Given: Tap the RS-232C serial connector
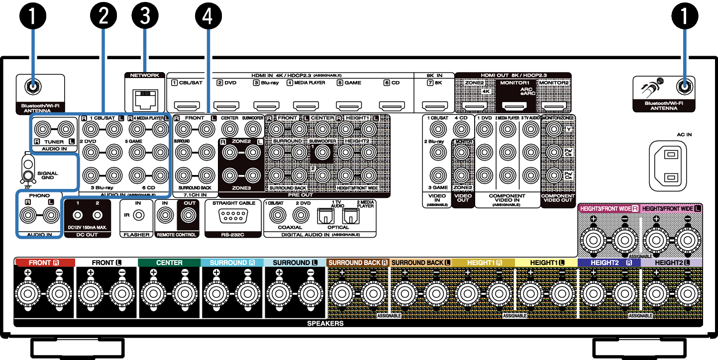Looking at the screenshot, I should [233, 215].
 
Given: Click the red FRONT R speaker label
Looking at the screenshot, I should [44, 262].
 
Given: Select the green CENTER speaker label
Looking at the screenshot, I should [169, 263].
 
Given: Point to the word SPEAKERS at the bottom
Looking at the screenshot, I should [325, 324].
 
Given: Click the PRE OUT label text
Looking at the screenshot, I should [301, 195].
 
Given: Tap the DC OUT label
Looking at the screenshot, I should [87, 235].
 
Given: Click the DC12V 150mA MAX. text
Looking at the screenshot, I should [88, 227].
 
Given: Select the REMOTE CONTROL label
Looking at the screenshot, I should [176, 235].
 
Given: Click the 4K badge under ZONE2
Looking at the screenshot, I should [486, 91].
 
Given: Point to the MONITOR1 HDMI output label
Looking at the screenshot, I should [514, 82].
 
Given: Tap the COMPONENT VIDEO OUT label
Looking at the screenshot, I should [558, 198].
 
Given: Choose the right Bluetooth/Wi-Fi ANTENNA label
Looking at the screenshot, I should [664, 105].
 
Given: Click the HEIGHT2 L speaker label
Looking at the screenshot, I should [672, 262].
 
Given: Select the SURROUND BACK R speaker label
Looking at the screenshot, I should [358, 263].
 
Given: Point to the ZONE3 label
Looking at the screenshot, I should [241, 189].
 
